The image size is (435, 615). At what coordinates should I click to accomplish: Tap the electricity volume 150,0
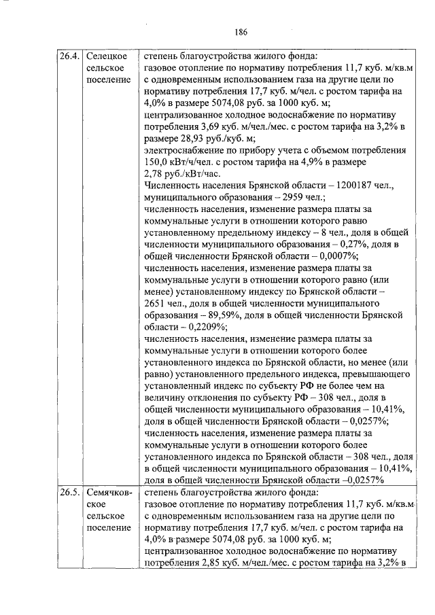(x=157, y=162)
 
